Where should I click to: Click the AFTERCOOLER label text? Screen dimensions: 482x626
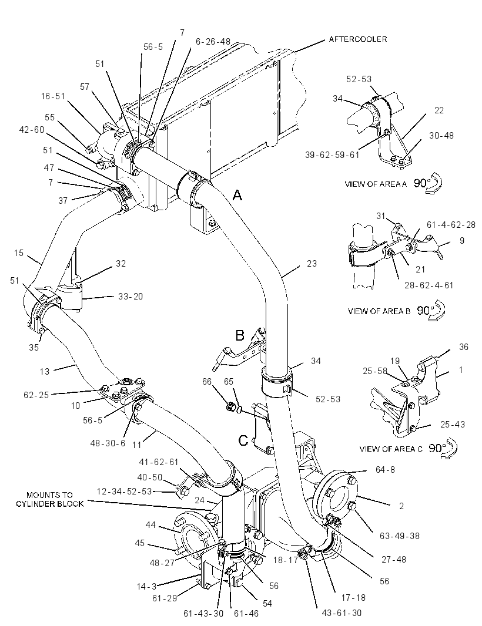pos(358,39)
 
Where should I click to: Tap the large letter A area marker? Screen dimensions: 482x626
pos(237,195)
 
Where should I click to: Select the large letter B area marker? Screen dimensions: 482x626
pos(240,335)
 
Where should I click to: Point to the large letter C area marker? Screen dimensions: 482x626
pos(243,440)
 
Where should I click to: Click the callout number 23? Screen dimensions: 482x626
pos(312,264)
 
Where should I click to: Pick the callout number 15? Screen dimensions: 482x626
pos(19,253)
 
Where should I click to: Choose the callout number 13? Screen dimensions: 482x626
pos(44,371)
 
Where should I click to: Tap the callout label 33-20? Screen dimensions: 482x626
pos(130,297)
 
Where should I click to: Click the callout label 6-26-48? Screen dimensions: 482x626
pos(213,42)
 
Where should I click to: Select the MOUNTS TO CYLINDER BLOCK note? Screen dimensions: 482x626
pos(50,499)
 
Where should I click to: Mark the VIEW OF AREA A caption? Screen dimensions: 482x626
pos(376,184)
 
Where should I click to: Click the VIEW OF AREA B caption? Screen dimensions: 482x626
pos(379,311)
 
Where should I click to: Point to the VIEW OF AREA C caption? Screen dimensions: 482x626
pos(391,449)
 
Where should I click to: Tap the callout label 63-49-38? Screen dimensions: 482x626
pos(400,536)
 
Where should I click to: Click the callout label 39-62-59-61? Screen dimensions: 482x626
pos(333,154)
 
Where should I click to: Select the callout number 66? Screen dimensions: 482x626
pos(207,382)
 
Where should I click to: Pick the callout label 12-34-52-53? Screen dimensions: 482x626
pos(124,491)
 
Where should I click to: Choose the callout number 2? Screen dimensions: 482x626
pos(401,506)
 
